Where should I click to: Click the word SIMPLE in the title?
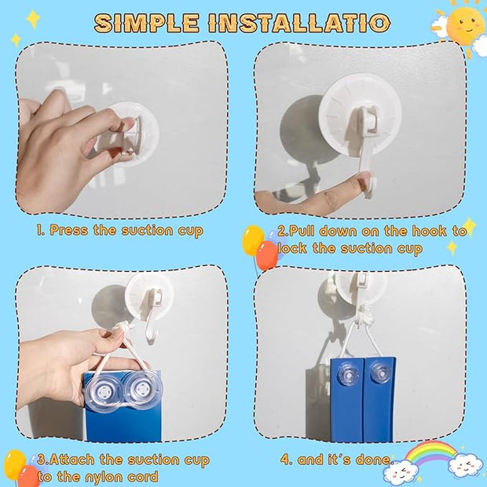147,23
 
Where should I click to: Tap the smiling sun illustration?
465,25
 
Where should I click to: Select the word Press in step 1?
68,231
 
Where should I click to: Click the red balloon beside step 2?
267,255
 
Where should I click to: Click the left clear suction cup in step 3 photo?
103,392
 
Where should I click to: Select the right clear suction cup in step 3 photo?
142,390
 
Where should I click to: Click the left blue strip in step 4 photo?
346,400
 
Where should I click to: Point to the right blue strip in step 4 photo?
379,400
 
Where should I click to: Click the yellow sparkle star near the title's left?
33,19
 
